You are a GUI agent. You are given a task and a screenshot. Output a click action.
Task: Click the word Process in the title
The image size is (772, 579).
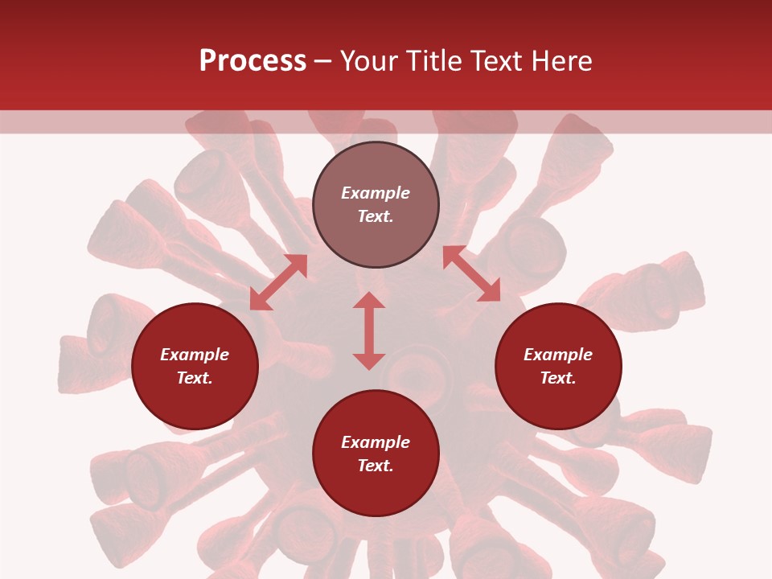click(253, 61)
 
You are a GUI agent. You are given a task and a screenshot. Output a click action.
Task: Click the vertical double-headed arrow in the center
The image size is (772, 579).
click(369, 331)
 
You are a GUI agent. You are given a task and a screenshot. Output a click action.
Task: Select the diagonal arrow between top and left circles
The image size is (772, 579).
click(278, 282)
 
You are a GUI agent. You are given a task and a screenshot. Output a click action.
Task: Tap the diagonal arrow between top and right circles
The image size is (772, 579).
click(471, 273)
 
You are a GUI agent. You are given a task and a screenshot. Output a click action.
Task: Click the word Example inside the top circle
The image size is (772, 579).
click(376, 193)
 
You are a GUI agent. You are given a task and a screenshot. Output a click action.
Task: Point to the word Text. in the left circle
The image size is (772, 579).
click(195, 378)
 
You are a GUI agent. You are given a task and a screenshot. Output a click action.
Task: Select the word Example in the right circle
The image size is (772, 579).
click(558, 355)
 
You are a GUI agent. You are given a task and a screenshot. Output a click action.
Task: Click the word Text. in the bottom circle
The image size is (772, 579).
click(376, 466)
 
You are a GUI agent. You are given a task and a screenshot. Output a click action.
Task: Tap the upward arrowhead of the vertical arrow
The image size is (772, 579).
click(369, 300)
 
